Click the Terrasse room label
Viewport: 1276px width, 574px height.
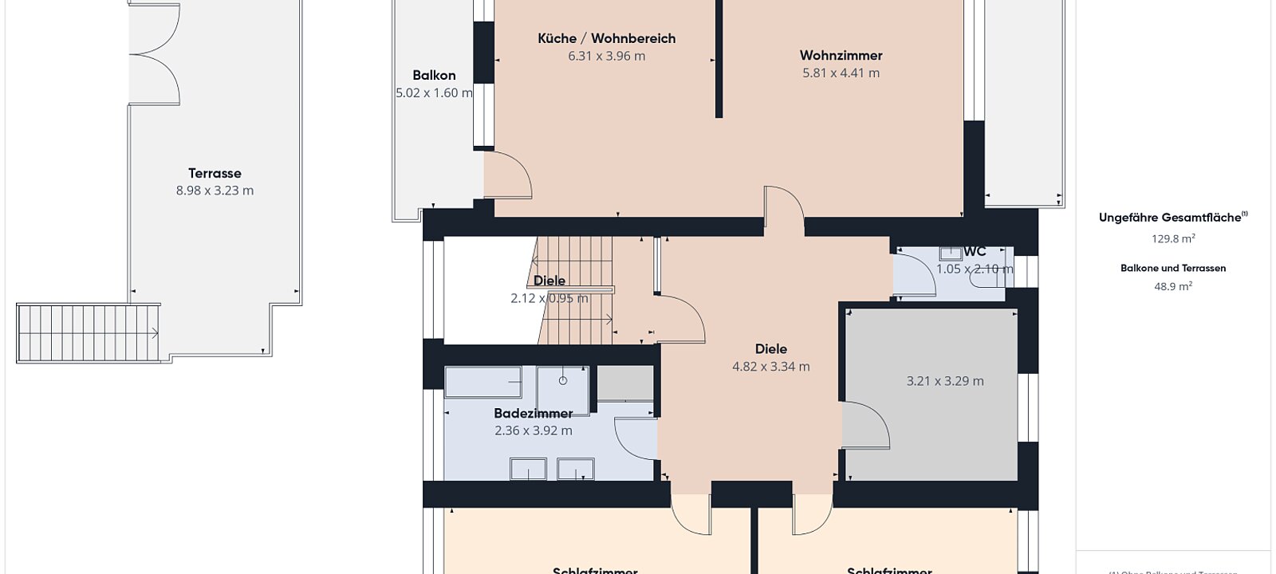[215, 173]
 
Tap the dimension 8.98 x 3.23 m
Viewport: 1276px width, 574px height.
[215, 191]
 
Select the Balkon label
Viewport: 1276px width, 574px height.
[434, 76]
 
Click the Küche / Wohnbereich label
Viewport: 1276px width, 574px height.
[606, 38]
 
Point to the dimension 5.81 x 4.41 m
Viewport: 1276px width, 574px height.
[841, 73]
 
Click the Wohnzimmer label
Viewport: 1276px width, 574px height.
[841, 56]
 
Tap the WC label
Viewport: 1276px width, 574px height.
[975, 252]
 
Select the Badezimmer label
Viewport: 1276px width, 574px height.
[533, 413]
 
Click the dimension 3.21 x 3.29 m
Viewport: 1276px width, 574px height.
[945, 381]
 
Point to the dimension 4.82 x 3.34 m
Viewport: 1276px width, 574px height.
[770, 367]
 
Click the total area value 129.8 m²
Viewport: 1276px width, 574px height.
[1172, 238]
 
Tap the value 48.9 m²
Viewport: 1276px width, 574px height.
[1172, 286]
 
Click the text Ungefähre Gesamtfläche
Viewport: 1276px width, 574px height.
[1169, 217]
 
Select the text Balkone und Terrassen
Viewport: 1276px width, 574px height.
[1172, 269]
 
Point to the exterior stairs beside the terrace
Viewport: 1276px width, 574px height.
[88, 332]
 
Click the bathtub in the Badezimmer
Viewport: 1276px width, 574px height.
[482, 382]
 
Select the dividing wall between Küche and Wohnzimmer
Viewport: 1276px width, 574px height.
[719, 59]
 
